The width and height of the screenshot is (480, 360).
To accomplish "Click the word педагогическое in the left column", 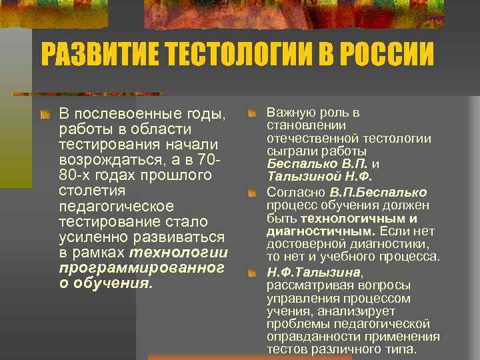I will (116, 207).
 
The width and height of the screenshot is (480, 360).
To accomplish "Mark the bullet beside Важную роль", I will (252, 113).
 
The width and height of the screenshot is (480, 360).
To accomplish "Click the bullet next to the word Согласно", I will (252, 193).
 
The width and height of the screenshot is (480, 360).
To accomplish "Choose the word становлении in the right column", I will (297, 125).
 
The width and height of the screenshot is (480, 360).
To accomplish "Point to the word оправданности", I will (307, 337).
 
